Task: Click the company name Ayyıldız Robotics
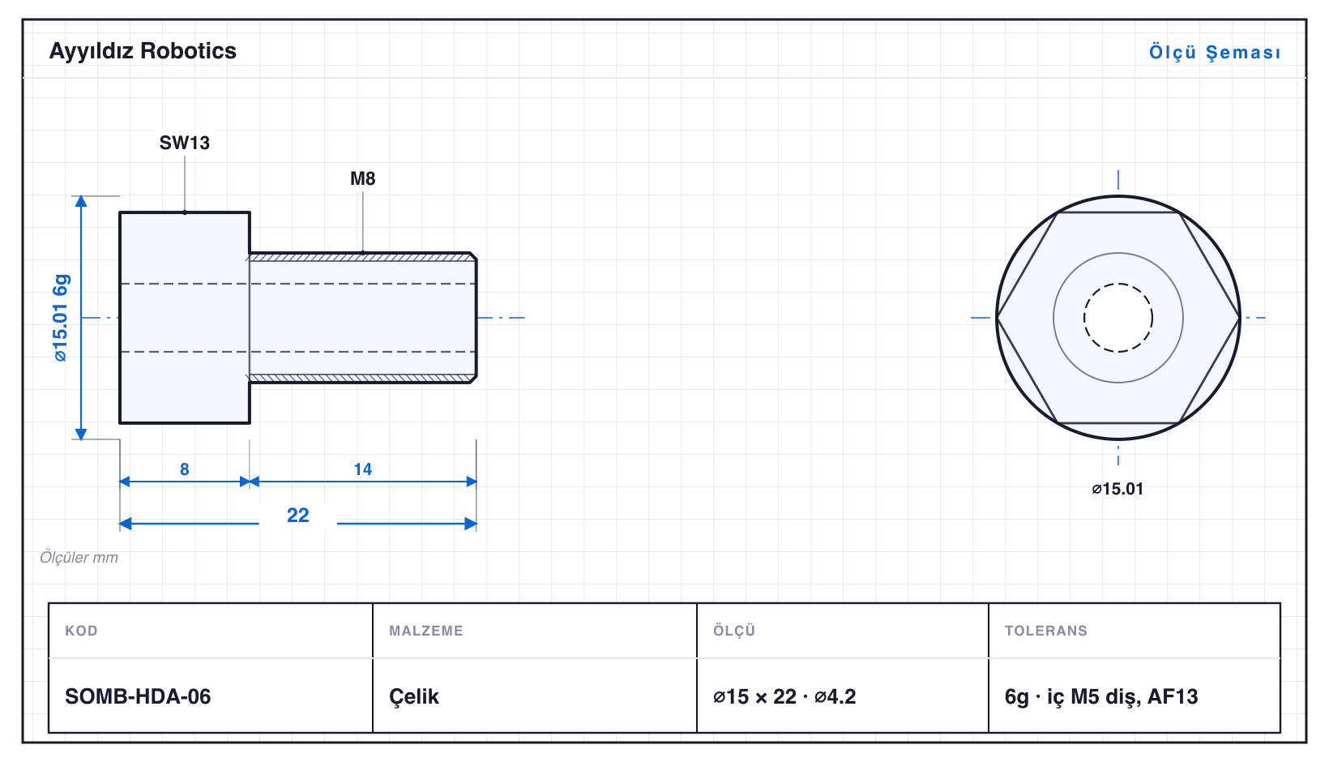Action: click(143, 52)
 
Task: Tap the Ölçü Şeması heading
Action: click(1215, 52)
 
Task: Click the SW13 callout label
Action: click(185, 143)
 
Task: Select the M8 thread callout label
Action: click(362, 178)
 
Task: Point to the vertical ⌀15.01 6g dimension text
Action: click(61, 318)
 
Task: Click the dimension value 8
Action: click(185, 469)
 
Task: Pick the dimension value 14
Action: click(362, 469)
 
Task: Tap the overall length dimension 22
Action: click(298, 515)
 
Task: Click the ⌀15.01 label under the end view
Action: click(1117, 489)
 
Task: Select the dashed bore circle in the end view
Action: click(1118, 284)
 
